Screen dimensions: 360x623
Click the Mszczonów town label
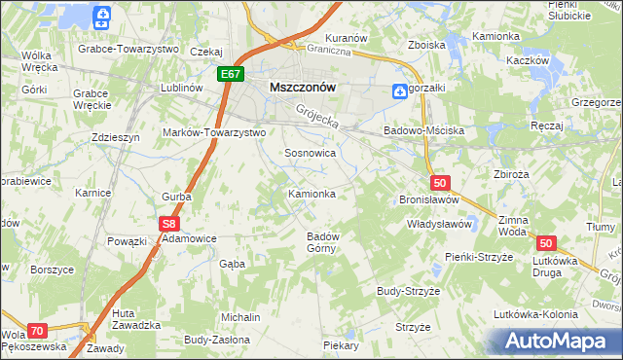click(302, 86)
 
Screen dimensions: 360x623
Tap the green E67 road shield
click(231, 74)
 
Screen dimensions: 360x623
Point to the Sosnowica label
click(311, 154)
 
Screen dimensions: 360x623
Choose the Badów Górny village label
click(322, 241)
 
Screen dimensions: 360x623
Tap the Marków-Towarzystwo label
click(214, 131)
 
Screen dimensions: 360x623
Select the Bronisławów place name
click(429, 199)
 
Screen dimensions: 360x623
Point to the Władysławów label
click(439, 224)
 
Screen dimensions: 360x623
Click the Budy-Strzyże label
click(409, 291)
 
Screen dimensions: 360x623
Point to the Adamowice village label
click(189, 237)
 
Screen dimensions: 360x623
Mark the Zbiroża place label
click(511, 176)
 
